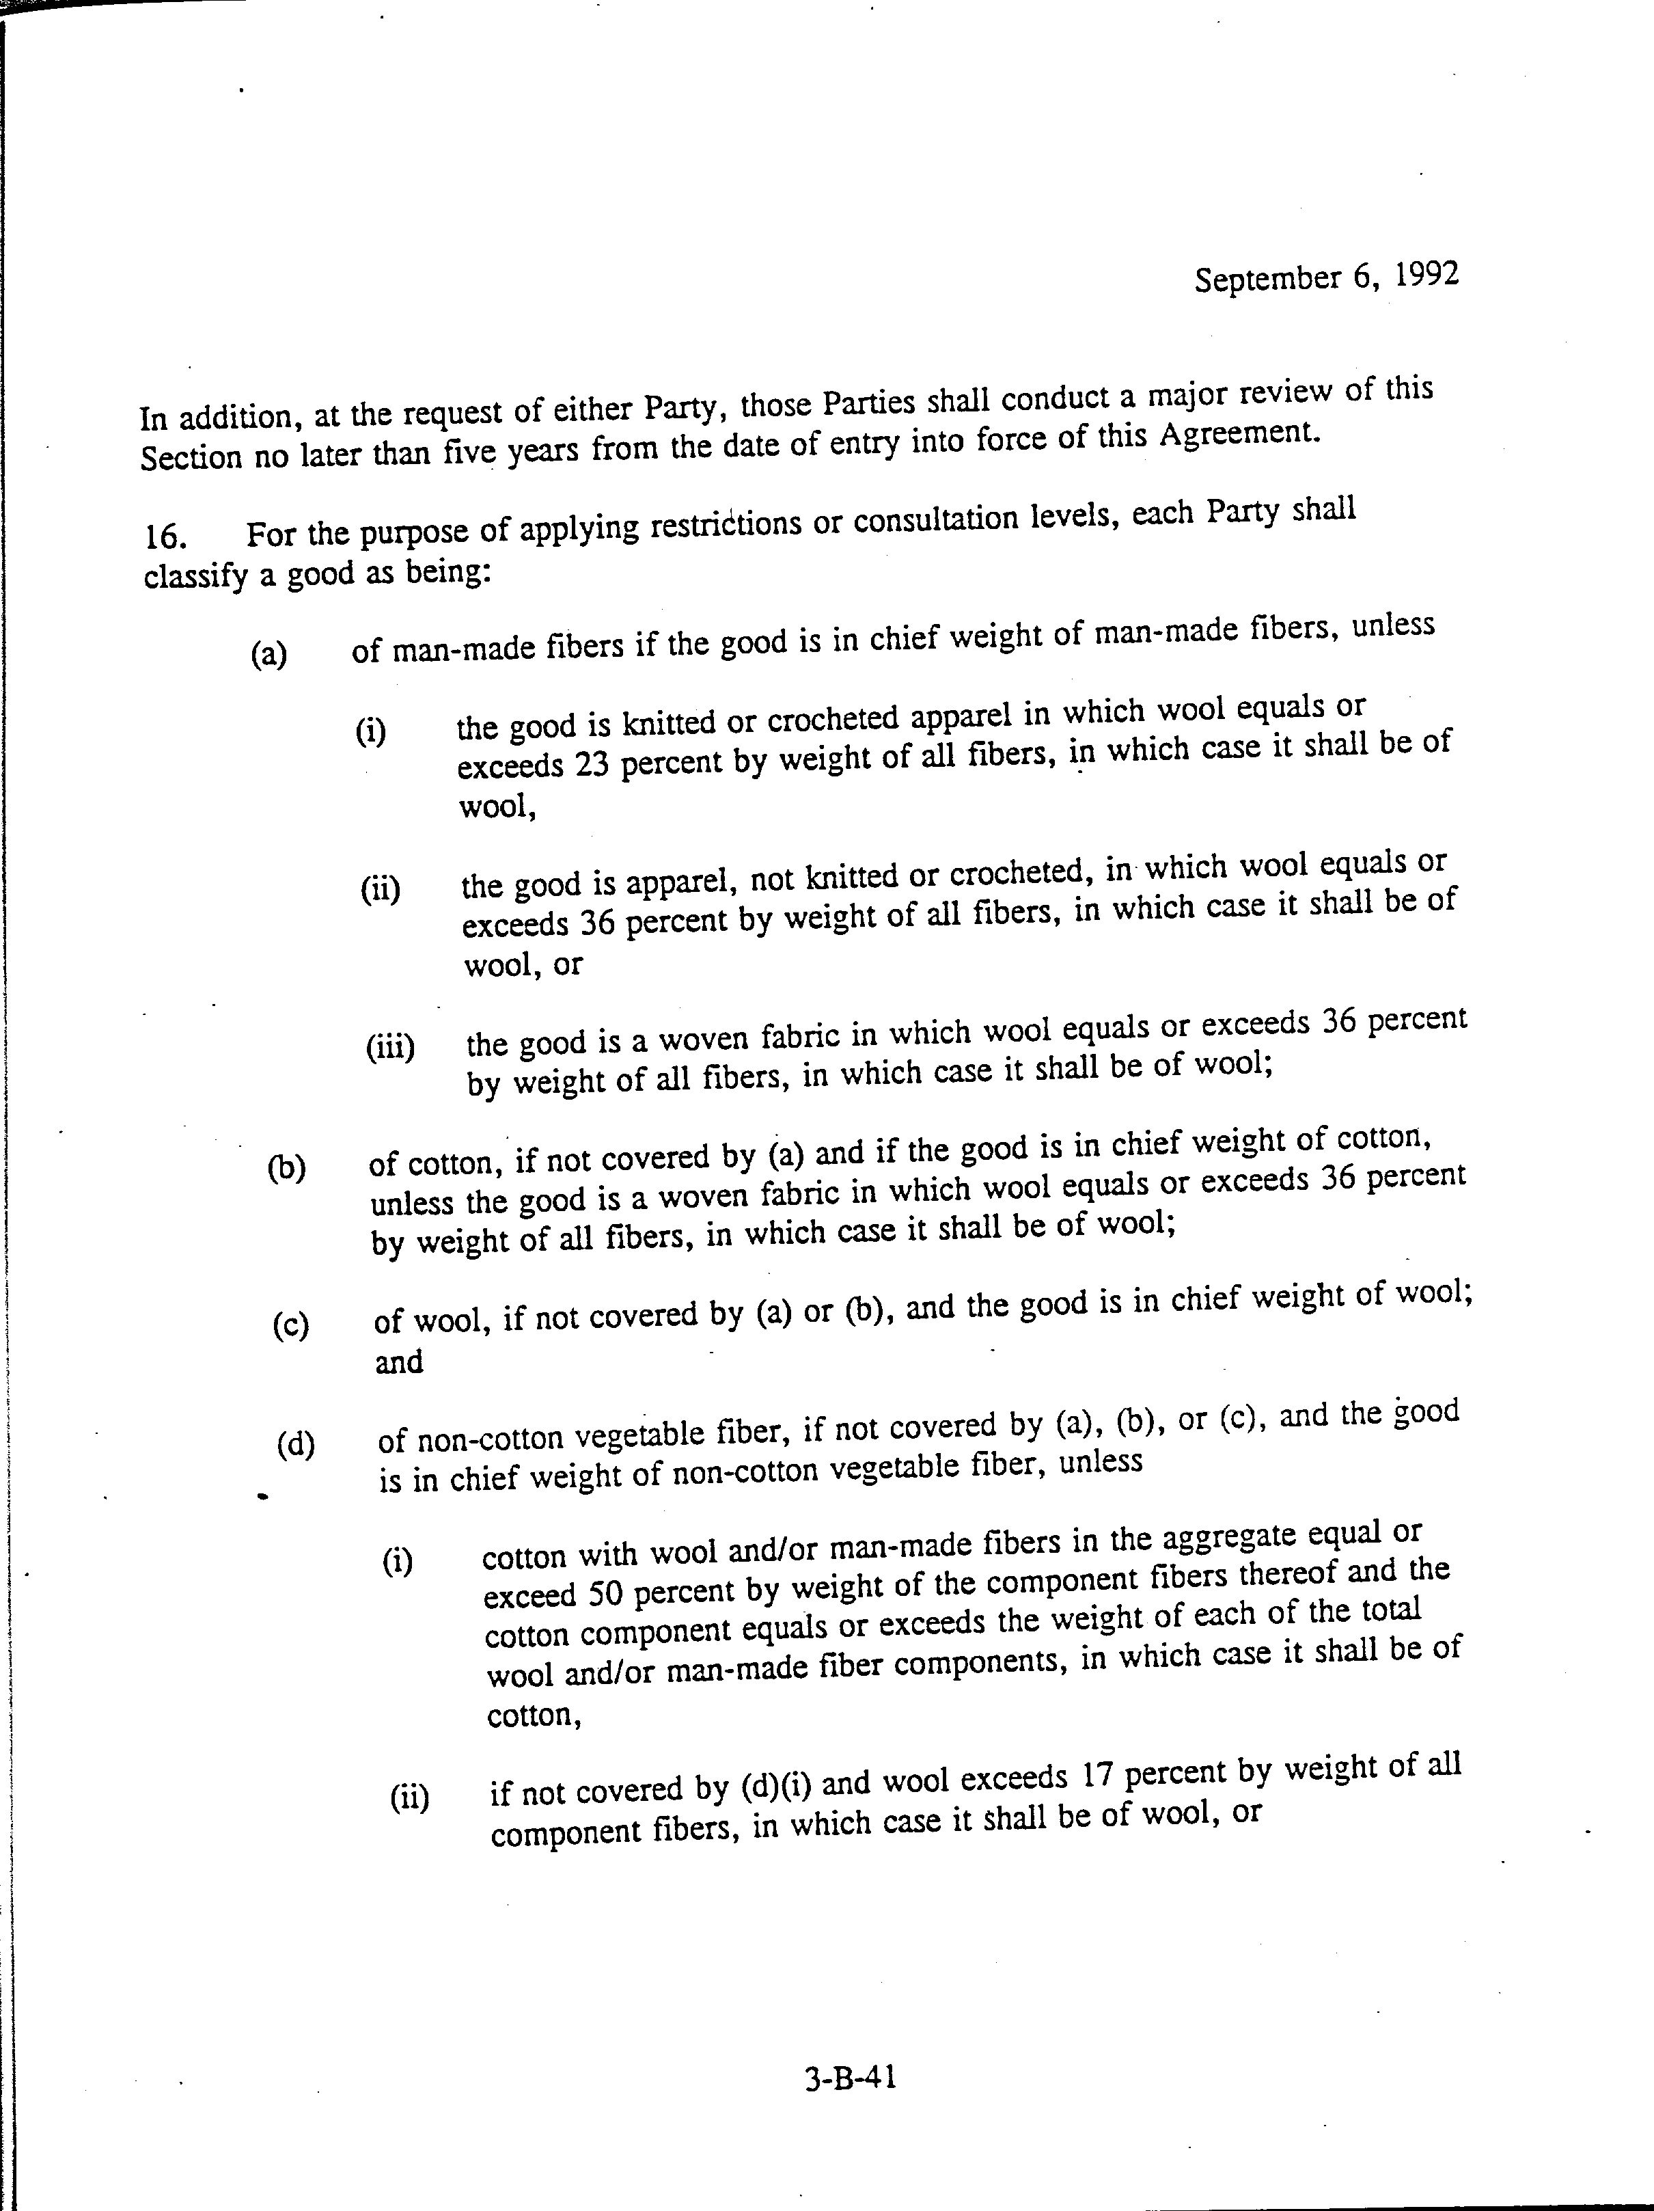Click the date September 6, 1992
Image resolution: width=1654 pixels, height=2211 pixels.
pyautogui.click(x=1326, y=276)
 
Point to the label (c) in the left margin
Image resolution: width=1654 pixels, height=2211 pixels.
pyautogui.click(x=290, y=1325)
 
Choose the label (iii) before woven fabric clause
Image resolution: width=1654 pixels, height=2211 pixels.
pyautogui.click(x=390, y=1048)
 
